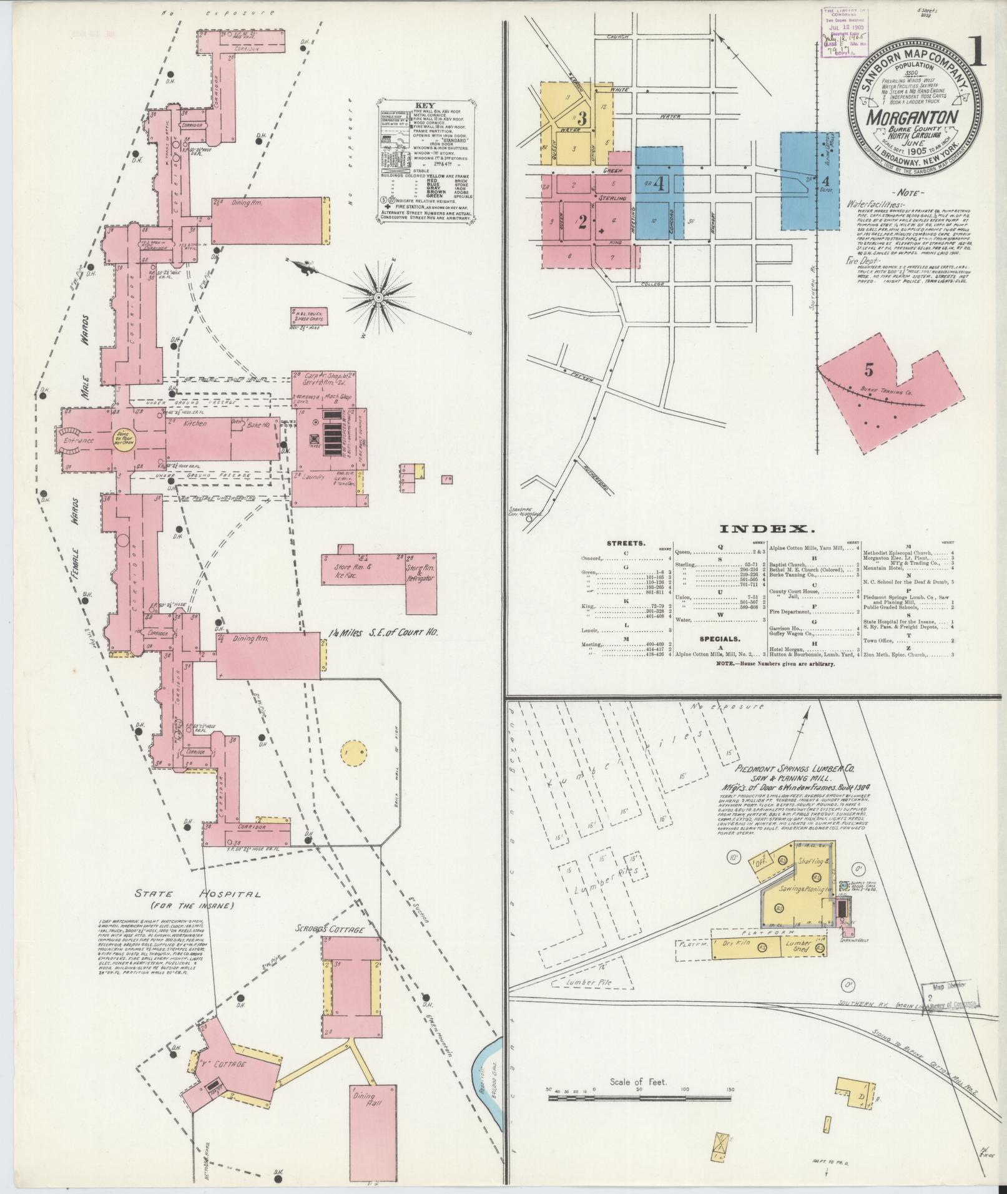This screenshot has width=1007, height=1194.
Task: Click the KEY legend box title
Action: pos(426,106)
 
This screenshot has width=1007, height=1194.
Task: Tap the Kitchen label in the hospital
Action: pos(195,424)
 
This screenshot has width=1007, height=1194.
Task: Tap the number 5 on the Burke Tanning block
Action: pos(869,369)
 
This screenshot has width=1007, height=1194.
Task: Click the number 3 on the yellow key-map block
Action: pos(581,118)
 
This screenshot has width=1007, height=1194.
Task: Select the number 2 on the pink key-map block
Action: pos(582,222)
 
